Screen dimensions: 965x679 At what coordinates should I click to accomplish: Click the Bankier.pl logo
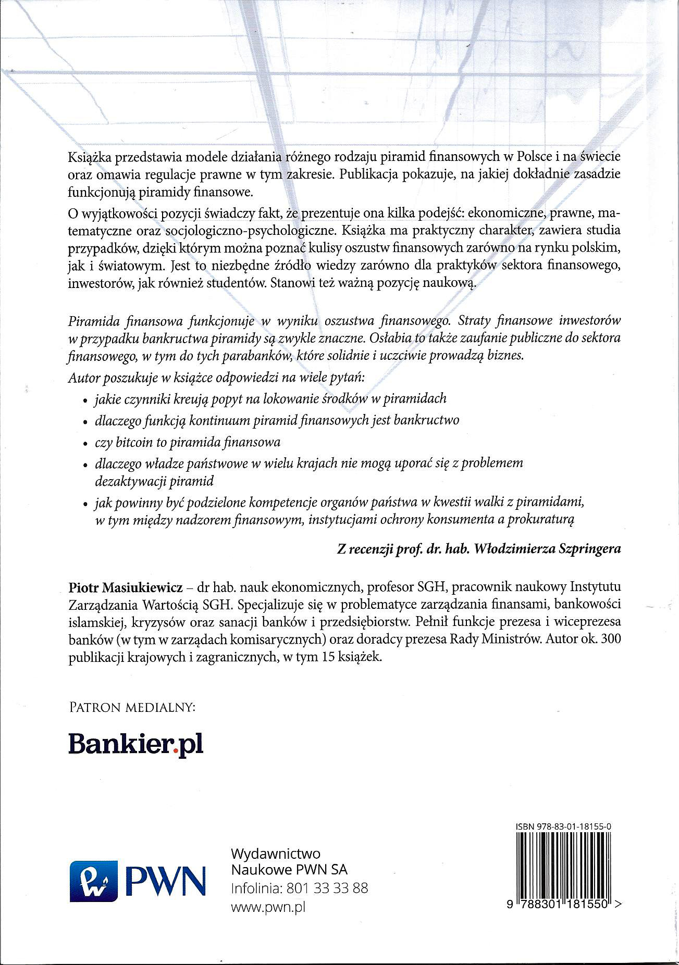point(135,745)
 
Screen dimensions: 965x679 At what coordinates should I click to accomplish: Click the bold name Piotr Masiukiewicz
point(125,588)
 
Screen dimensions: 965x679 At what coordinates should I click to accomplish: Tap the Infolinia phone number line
point(299,888)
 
